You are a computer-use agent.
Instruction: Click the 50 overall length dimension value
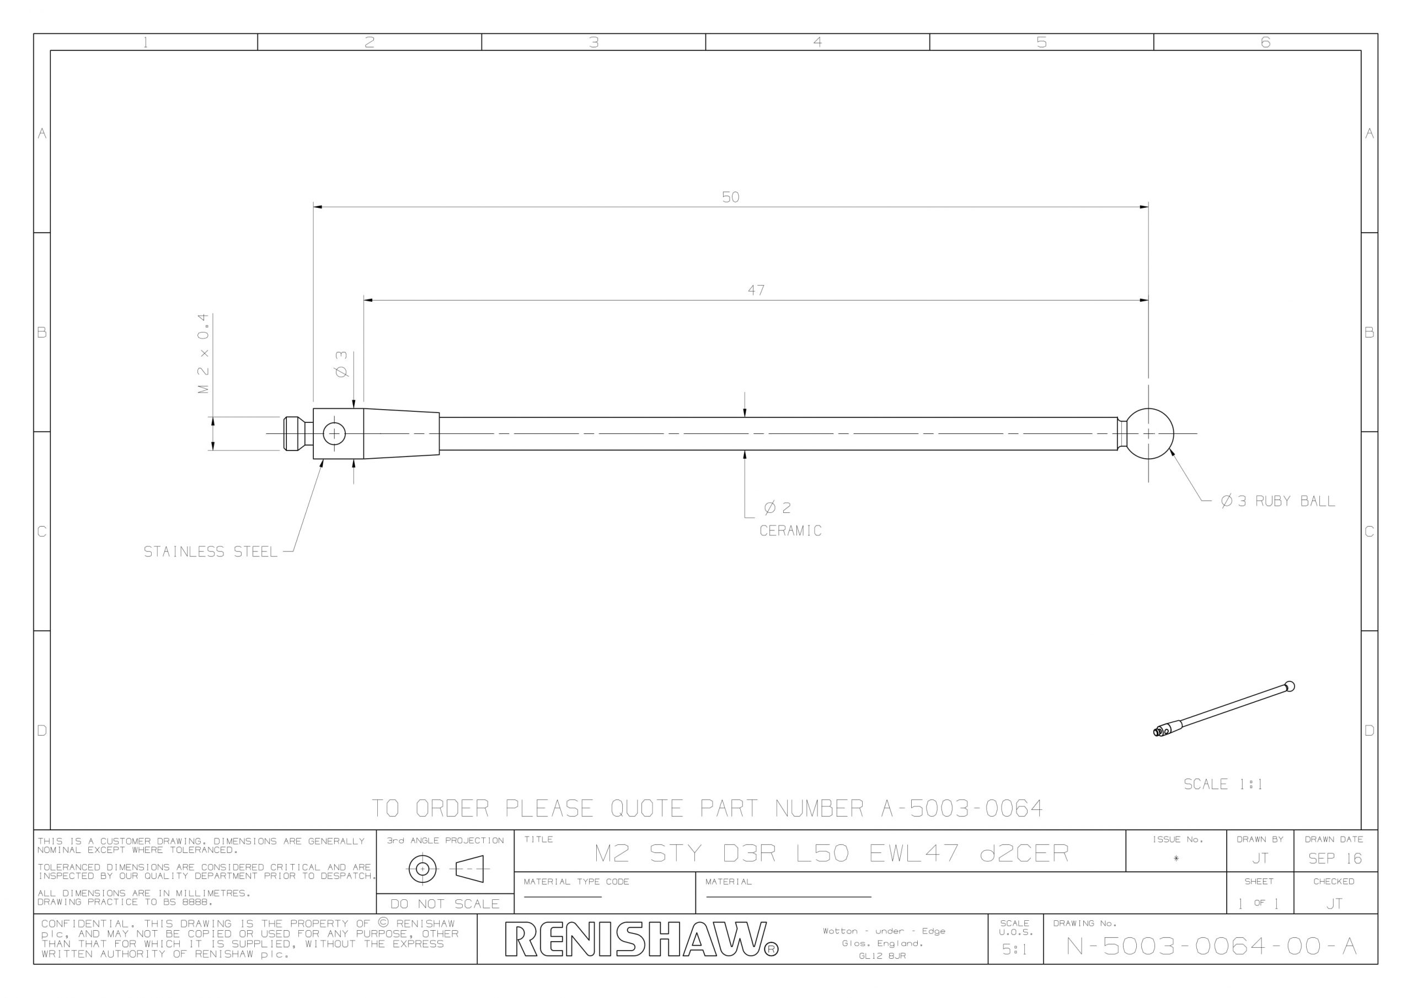coord(731,197)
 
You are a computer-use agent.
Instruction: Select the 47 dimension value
coord(756,290)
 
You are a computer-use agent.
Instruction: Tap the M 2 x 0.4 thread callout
coord(204,353)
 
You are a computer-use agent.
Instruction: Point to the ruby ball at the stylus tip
coord(1149,434)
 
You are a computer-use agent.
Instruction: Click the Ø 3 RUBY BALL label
coord(1278,501)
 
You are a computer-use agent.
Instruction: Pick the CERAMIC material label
coord(790,530)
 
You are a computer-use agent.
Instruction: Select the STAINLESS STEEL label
coord(210,552)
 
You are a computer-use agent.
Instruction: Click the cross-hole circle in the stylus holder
coord(335,434)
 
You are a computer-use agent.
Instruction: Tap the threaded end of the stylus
coord(299,434)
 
